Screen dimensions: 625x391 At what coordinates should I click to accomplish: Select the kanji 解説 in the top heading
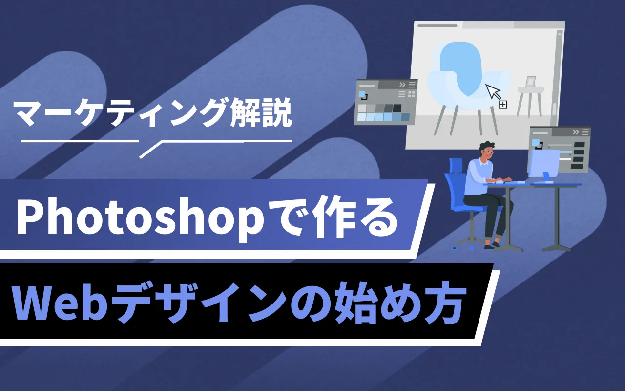pos(261,113)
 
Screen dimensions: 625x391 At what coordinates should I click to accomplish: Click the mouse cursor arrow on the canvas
pos(493,91)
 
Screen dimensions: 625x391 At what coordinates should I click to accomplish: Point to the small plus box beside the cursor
pos(503,105)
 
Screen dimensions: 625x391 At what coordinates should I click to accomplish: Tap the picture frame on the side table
pos(530,82)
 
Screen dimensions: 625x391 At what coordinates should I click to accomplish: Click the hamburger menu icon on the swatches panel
pos(412,85)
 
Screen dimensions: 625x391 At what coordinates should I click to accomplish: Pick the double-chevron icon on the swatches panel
pos(402,85)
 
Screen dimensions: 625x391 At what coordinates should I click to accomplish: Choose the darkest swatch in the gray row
pos(397,108)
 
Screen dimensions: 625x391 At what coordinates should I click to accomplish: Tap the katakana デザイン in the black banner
pos(201,304)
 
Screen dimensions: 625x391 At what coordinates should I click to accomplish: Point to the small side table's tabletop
pos(530,89)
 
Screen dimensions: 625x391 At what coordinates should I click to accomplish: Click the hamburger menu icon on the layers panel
pos(585,132)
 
